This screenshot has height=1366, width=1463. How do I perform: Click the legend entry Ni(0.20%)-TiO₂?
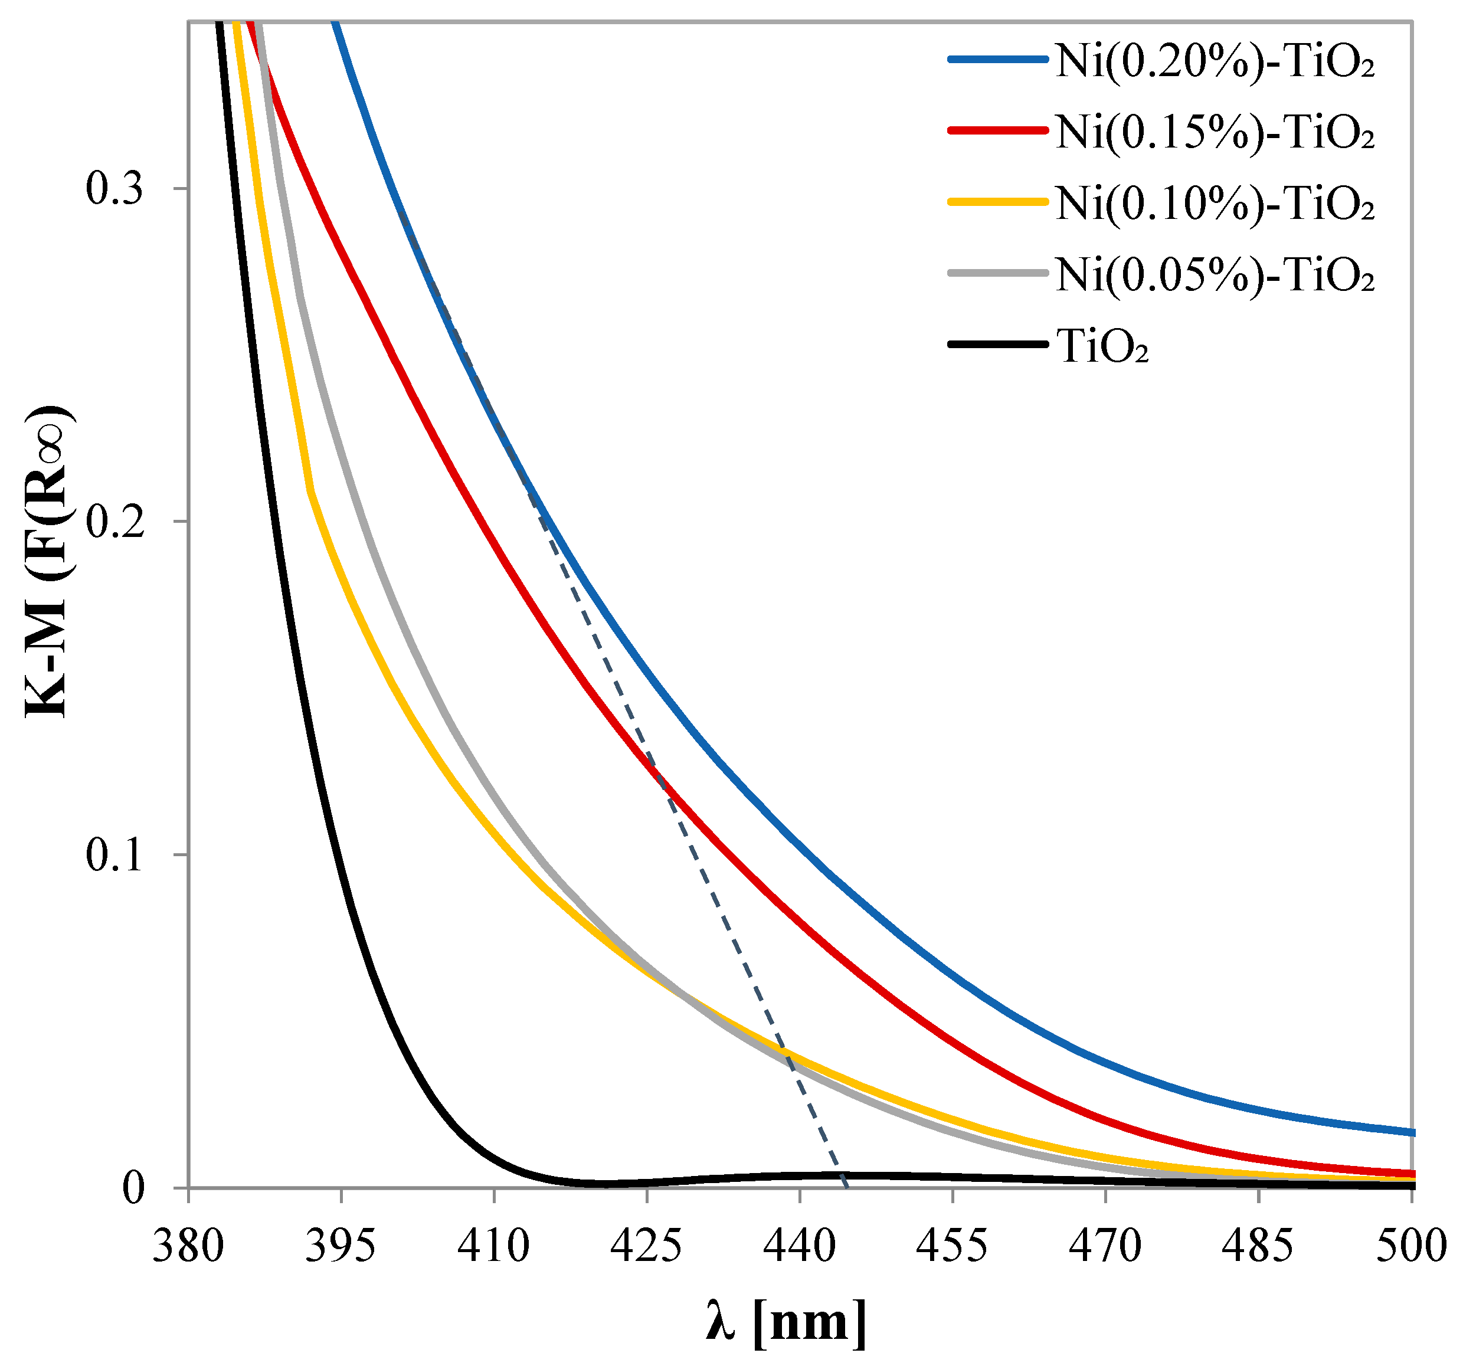click(1215, 61)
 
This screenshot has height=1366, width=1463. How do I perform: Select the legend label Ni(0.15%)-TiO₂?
click(1215, 133)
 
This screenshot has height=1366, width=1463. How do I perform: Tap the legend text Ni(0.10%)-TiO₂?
click(1215, 203)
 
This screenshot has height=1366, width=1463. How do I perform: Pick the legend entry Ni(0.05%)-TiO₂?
click(1215, 274)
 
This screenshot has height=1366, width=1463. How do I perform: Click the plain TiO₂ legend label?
click(1102, 346)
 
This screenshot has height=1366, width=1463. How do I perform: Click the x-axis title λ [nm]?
click(786, 1322)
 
